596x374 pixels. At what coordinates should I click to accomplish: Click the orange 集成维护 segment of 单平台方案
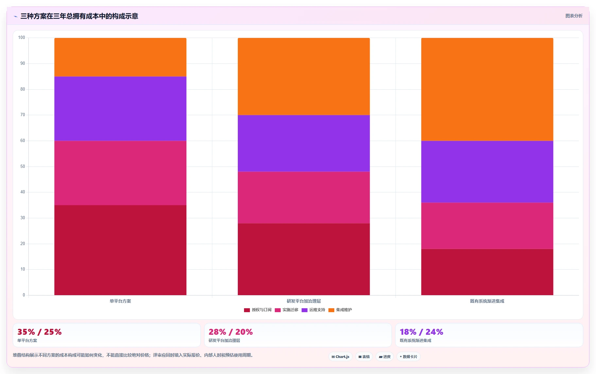point(120,57)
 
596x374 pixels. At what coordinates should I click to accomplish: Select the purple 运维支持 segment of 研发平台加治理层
point(304,143)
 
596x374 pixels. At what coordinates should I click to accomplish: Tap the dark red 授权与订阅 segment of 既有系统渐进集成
point(487,272)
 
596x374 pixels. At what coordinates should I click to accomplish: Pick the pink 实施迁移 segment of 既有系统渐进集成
point(487,226)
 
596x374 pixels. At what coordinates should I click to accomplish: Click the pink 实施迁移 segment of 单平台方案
point(120,173)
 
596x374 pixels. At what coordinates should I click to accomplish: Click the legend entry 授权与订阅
point(258,310)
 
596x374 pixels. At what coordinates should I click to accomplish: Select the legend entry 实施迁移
point(287,310)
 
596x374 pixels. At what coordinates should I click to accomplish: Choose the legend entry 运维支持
point(313,310)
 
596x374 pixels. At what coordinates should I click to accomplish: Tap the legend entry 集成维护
point(340,310)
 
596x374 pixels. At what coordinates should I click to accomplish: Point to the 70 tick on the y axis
point(23,115)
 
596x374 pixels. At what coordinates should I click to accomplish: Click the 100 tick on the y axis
point(22,38)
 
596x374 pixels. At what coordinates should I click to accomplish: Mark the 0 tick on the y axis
point(24,295)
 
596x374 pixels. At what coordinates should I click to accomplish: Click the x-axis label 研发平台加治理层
point(304,301)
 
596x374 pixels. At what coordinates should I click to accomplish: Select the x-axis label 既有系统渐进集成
point(487,301)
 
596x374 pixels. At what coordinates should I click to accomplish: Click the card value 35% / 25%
point(40,332)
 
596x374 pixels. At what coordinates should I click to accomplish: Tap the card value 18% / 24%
point(421,332)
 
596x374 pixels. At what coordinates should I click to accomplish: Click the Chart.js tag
point(341,357)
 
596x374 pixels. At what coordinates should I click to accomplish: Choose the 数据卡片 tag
point(409,357)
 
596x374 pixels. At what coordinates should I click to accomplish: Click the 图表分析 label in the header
point(574,16)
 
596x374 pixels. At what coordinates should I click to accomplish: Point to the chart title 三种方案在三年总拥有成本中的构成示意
point(79,16)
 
